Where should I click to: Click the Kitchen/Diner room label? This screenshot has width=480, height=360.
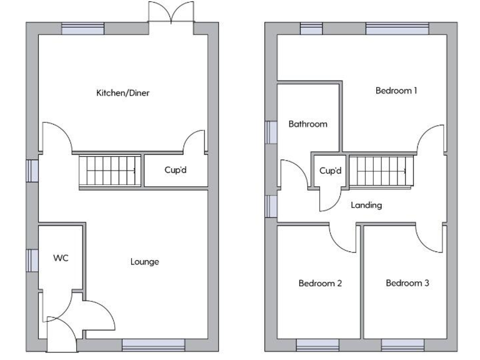point(122,93)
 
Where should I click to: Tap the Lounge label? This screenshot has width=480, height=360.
point(144,261)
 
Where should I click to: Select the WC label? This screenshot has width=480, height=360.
point(61,257)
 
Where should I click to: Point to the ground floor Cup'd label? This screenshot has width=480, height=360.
point(175,169)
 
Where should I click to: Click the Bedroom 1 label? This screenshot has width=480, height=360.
point(396,90)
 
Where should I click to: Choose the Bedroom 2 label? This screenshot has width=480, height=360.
point(320,283)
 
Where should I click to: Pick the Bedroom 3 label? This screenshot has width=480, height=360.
point(407,283)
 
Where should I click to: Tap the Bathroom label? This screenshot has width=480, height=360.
point(307,124)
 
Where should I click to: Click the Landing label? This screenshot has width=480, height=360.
point(366,205)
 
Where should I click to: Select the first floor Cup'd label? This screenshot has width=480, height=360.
point(331,171)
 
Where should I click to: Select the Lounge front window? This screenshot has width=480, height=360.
point(153,344)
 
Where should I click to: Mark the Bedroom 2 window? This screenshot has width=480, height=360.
point(317,344)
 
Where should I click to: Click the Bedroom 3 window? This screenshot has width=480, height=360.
point(402,344)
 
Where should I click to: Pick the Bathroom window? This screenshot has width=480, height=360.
point(271,131)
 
